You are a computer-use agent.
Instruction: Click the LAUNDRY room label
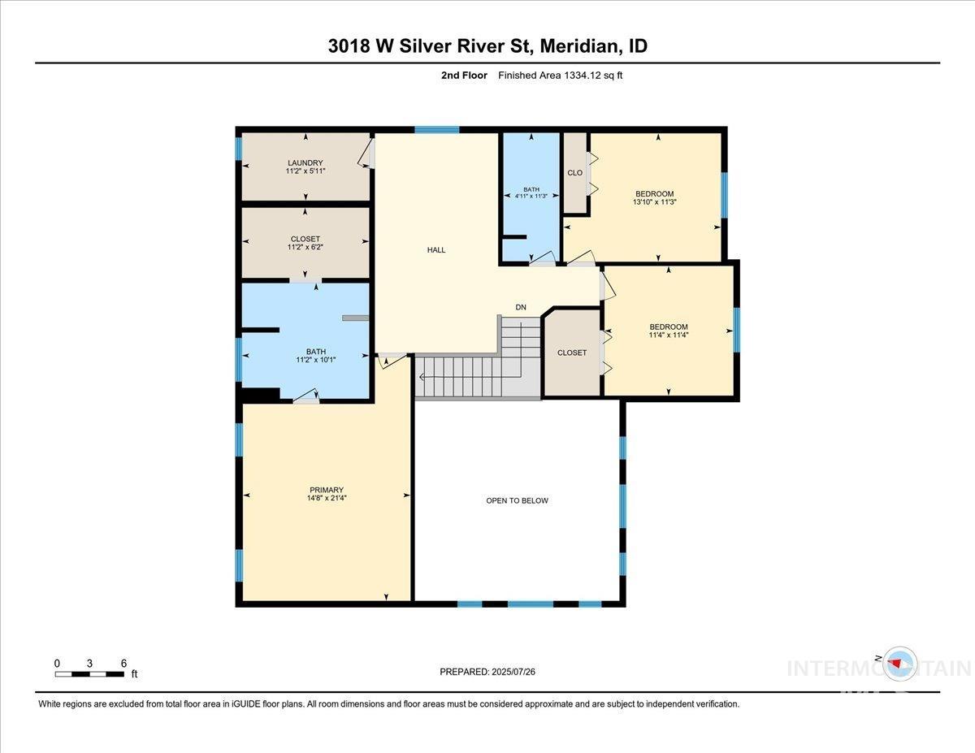click(305, 162)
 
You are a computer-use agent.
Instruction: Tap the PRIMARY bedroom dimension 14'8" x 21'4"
click(326, 499)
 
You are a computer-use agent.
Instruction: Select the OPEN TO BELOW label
click(517, 500)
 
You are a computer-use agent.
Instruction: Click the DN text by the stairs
click(521, 307)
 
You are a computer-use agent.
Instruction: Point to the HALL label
click(436, 250)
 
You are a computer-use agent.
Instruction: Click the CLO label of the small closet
click(574, 172)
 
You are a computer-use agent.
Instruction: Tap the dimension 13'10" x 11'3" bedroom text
click(654, 202)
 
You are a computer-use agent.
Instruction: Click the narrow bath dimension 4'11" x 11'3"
click(531, 197)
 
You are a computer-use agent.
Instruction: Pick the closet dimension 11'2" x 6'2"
click(305, 248)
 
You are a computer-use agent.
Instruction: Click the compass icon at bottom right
click(900, 663)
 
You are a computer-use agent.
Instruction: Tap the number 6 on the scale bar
click(123, 663)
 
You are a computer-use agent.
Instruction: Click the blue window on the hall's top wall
click(436, 130)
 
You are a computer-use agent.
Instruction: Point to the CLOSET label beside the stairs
click(572, 353)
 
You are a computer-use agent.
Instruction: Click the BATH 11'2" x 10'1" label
click(305, 356)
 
